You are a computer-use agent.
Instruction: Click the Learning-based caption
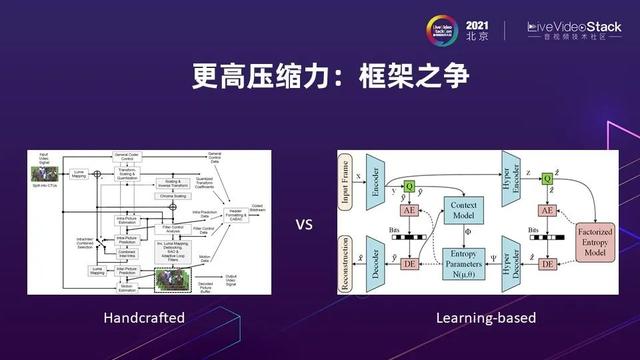tap(486, 318)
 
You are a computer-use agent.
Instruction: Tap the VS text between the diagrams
tap(304, 224)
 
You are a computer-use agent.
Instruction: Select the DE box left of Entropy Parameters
tap(409, 262)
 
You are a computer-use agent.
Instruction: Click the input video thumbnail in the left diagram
tap(41, 173)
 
